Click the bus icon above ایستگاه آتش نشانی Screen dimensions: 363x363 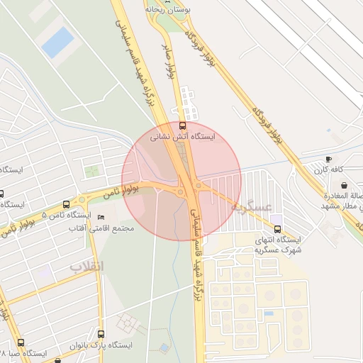[184, 125]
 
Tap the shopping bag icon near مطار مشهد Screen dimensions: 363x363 [344, 186]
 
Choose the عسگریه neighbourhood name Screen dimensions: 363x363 [252, 207]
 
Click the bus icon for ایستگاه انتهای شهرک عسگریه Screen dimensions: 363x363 [277, 229]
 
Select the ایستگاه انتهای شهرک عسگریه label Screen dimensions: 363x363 [279, 245]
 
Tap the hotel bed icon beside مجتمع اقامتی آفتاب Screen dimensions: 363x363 [99, 217]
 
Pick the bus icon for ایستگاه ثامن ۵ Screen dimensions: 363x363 [66, 203]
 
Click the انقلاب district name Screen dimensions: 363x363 [86, 267]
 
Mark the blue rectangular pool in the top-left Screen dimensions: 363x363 [57, 42]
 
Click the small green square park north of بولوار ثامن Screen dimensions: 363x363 [92, 171]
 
